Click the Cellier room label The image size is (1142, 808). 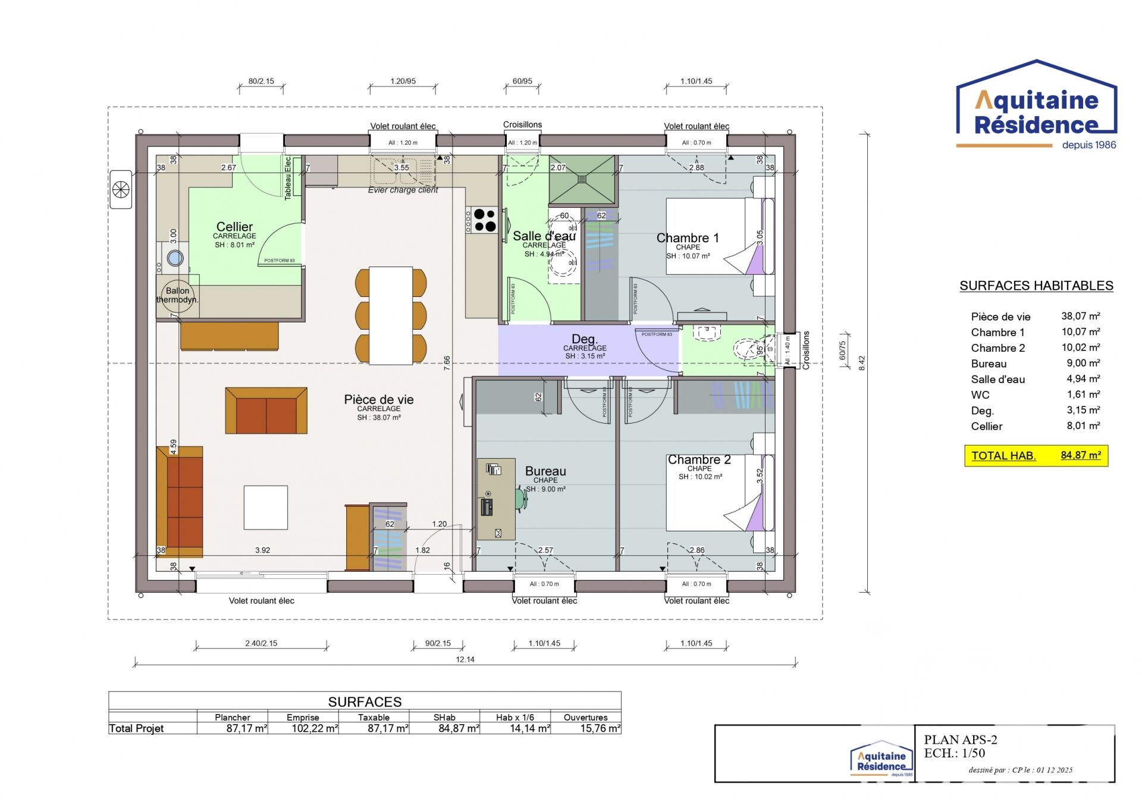click(x=234, y=227)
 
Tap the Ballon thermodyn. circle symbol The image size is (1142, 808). click(x=177, y=295)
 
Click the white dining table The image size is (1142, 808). click(x=391, y=315)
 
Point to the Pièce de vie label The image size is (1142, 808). click(x=378, y=400)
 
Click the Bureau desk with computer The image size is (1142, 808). click(x=496, y=499)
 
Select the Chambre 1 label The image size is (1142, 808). click(x=688, y=238)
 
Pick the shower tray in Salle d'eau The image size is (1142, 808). click(x=581, y=179)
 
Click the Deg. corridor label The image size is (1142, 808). click(x=584, y=340)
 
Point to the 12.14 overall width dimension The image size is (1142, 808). click(x=465, y=659)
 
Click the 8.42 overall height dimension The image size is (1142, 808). click(x=862, y=363)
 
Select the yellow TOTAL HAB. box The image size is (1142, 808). click(x=1036, y=456)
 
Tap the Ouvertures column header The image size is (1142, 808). click(x=585, y=718)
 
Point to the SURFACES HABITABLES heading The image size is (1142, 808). click(x=1036, y=286)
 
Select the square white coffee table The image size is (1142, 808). click(x=266, y=508)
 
